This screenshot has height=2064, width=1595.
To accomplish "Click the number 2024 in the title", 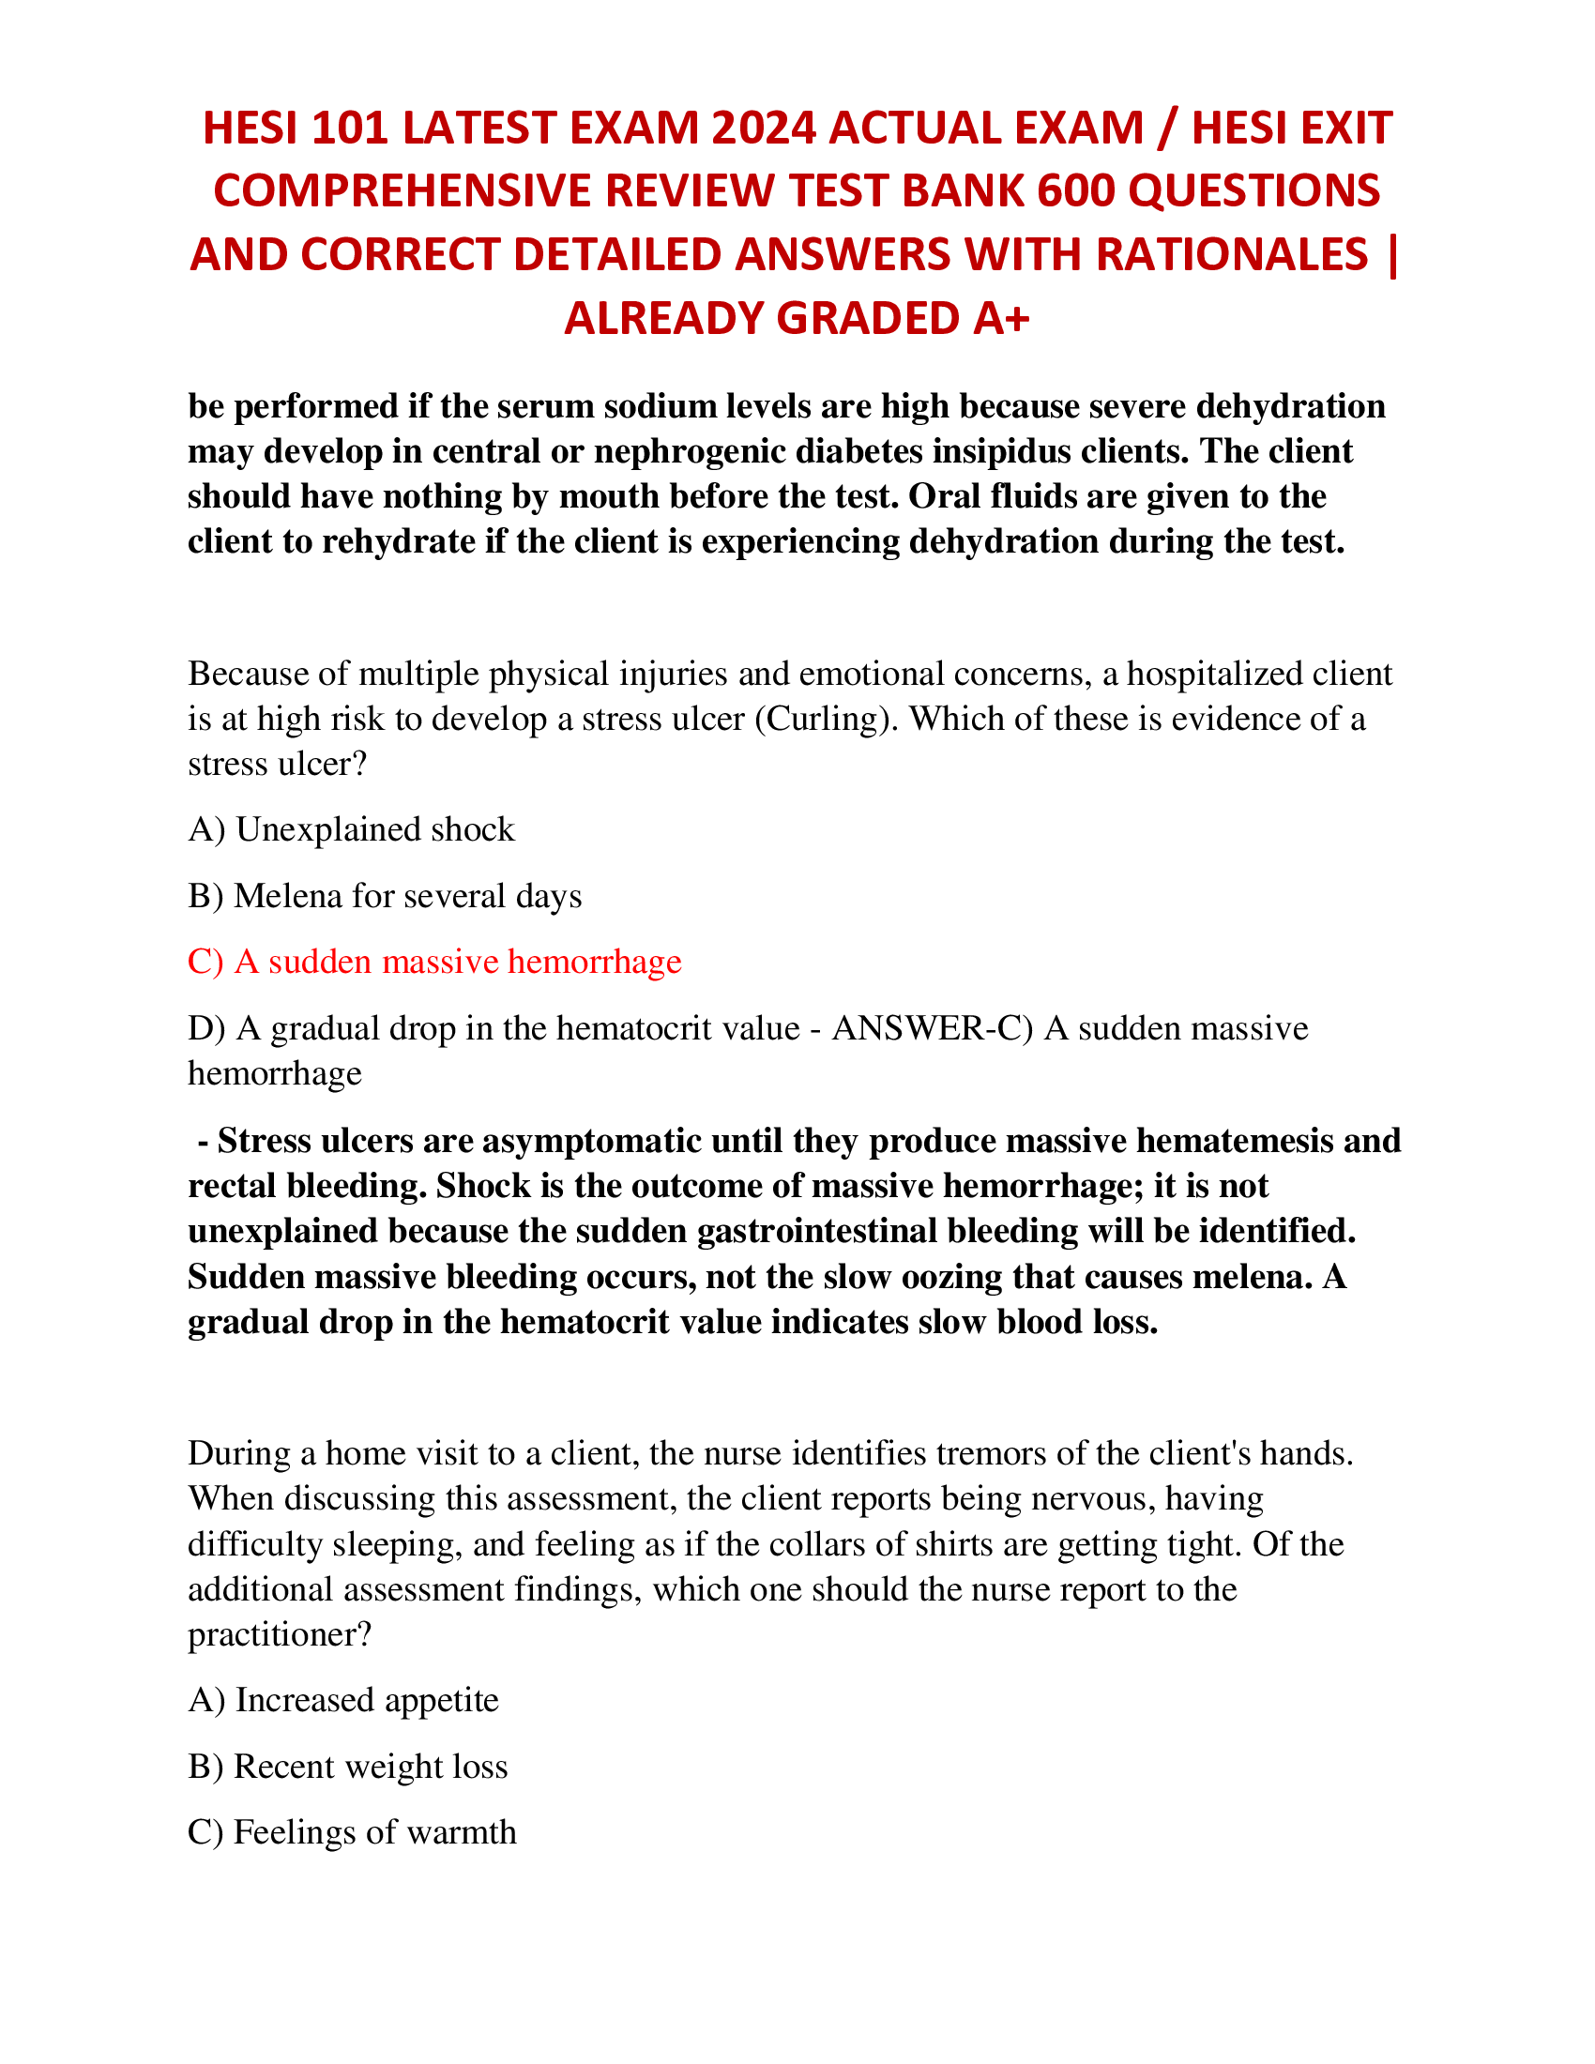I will [x=763, y=129].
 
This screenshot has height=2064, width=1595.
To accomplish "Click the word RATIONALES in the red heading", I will [x=1232, y=255].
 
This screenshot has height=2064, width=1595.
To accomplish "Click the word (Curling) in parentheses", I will [x=827, y=720].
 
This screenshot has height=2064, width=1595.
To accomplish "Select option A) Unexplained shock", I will [x=352, y=829].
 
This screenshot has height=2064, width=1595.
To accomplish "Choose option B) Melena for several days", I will [x=385, y=896].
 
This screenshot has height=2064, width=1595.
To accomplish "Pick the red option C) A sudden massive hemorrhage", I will [x=434, y=962].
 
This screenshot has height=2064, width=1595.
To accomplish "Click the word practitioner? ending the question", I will [x=280, y=1635].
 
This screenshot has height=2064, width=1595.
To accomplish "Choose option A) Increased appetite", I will [x=343, y=1701].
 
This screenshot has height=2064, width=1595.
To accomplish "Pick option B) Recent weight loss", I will [x=348, y=1768].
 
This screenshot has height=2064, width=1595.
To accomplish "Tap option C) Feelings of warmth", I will [x=353, y=1833].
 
